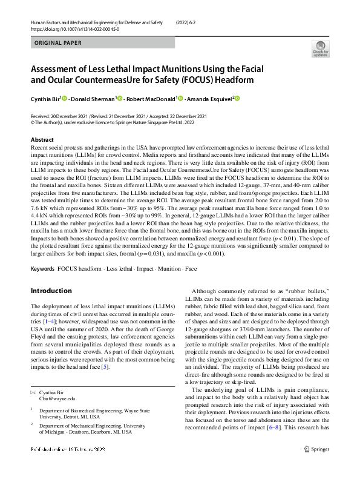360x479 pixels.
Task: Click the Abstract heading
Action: click(42, 139)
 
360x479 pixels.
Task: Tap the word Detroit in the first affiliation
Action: click(78, 417)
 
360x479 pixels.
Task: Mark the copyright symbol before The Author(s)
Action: click(33, 121)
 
